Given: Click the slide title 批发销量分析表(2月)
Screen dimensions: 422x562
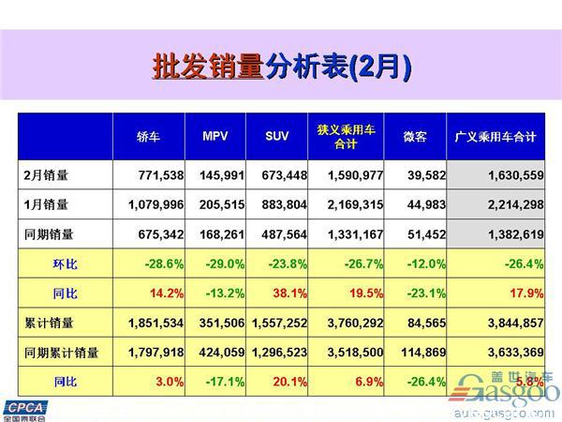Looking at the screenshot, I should click(x=281, y=68).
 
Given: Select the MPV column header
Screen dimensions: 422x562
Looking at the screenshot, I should click(x=214, y=138).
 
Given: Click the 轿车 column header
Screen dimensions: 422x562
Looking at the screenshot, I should click(x=149, y=138).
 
